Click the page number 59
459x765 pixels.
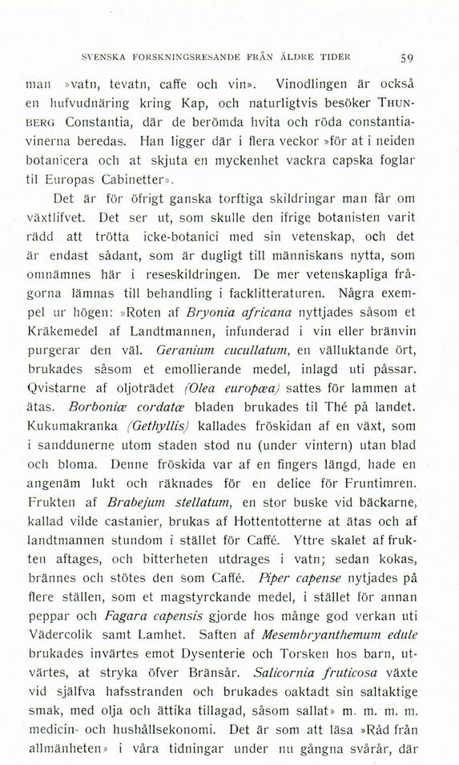406,57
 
